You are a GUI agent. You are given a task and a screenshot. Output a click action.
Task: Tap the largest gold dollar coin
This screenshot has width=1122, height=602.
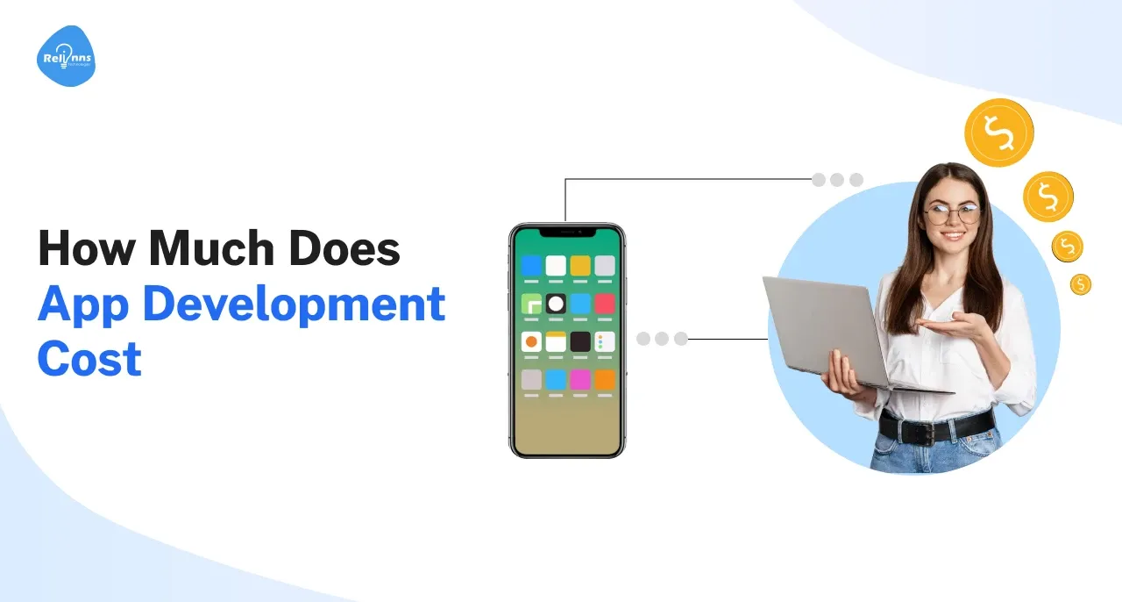998,133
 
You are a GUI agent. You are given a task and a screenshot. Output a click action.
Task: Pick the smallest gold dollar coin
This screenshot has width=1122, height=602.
1081,283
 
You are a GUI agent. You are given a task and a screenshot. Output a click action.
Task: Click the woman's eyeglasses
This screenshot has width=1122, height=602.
951,212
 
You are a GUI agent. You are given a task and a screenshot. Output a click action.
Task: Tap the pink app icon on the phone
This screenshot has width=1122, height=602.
580,379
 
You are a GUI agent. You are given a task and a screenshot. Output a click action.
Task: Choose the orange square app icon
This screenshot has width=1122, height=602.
605,379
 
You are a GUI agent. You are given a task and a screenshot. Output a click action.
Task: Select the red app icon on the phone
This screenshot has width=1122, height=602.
605,304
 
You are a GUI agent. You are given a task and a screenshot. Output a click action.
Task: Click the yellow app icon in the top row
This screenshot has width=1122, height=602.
580,265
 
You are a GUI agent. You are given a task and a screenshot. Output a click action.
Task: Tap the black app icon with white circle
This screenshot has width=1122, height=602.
556,304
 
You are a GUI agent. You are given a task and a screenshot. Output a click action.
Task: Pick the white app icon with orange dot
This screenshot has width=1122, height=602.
531,341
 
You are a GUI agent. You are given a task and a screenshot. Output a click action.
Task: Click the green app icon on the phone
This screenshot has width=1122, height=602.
531,304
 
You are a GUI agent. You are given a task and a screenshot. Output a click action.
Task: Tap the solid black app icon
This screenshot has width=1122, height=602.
580,341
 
